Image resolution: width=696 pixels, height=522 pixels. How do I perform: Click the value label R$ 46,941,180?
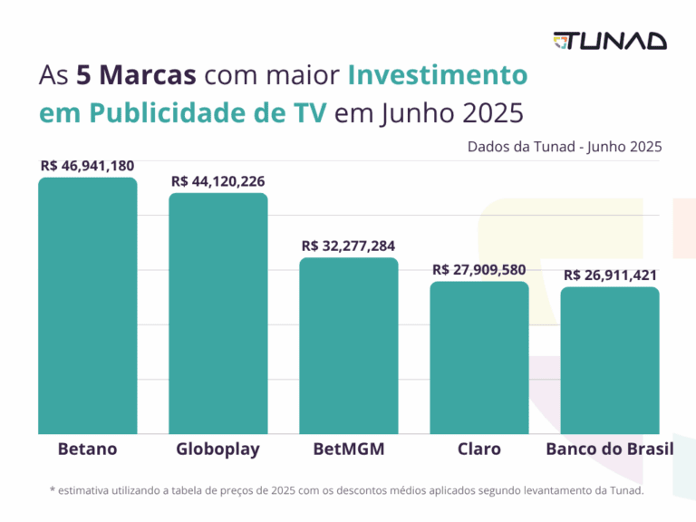pos(87,166)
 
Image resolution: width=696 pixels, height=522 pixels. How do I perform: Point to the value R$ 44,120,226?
pos(218,181)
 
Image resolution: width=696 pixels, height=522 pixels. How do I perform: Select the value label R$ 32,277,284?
pos(349,246)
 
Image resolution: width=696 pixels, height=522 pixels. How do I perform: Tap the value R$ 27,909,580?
pos(479,269)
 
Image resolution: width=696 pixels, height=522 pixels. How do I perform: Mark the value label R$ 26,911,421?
pos(610,275)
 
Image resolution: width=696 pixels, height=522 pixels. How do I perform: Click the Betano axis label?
pos(87,449)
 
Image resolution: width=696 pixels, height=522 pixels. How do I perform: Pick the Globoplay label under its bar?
pos(218,449)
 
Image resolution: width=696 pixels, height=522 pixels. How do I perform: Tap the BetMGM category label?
pos(349,449)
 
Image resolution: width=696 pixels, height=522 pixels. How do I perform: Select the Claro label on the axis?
pos(479,449)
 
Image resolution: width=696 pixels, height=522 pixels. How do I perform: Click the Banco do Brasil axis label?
pos(610,449)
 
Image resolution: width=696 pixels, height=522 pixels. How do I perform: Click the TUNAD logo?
pos(610,41)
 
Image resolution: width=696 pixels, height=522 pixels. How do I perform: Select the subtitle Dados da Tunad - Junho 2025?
pos(565,146)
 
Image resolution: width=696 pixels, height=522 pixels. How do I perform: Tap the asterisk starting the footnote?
pos(53,490)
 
